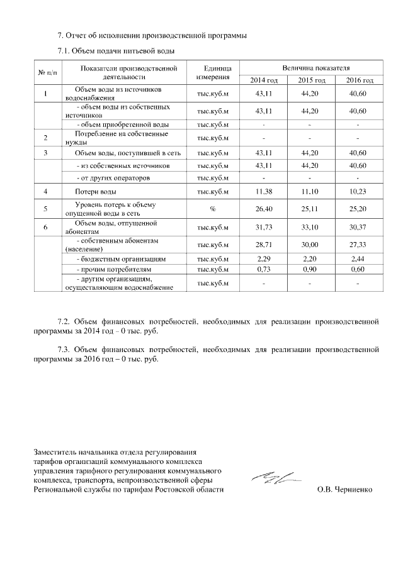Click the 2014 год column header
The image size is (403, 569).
pos(264,80)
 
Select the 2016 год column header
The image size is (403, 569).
pos(356,80)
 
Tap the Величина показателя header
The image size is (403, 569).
pos(310,67)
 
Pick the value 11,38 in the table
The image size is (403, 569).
pos(264,191)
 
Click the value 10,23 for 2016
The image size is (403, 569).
pos(356,191)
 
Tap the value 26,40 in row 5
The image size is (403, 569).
pos(264,209)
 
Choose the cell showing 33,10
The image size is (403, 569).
pos(310,227)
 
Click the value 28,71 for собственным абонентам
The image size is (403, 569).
pos(264,245)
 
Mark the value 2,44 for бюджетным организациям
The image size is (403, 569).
pos(356,258)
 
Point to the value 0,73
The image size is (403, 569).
pos(264,269)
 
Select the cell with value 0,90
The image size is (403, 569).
pos(310,269)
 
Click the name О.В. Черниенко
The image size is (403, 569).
pos(344,489)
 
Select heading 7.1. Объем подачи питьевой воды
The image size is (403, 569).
pos(115,50)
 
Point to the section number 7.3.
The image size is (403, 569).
pos(62,348)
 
